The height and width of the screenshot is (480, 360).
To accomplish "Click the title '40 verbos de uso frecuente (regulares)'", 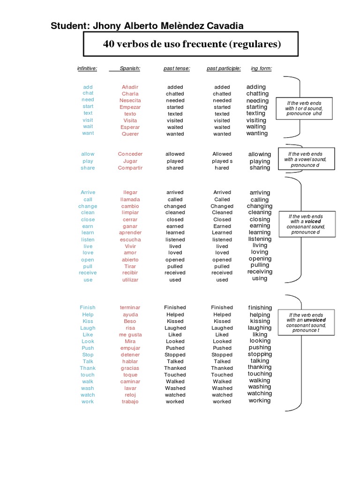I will pyautogui.click(x=192, y=45).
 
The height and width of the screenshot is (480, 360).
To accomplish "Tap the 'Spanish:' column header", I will pyautogui.click(x=130, y=68).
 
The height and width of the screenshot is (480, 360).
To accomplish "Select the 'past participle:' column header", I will pyautogui.click(x=224, y=68).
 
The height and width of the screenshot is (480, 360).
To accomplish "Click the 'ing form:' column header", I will pyautogui.click(x=261, y=68).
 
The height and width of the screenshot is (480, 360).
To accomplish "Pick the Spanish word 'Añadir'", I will pyautogui.click(x=130, y=87).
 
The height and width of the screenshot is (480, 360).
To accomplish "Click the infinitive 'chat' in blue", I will pyautogui.click(x=88, y=93).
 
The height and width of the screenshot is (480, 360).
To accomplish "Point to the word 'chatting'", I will pyautogui.click(x=257, y=94).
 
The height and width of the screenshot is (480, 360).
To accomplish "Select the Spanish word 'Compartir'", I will pyautogui.click(x=130, y=168).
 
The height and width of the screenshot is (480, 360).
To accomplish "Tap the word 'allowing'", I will pyautogui.click(x=260, y=154).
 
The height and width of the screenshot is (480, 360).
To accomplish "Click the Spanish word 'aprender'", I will pyautogui.click(x=130, y=232).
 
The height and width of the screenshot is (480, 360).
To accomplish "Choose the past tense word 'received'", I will pyautogui.click(x=175, y=273).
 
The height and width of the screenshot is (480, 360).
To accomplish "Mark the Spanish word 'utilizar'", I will pyautogui.click(x=130, y=280).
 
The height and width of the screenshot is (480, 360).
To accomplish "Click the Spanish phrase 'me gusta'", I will pyautogui.click(x=130, y=335).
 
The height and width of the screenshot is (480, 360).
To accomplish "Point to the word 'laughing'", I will pyautogui.click(x=260, y=328).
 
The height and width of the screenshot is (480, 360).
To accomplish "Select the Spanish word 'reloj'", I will pyautogui.click(x=130, y=395).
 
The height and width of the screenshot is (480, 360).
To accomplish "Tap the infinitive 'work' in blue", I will pyautogui.click(x=88, y=402).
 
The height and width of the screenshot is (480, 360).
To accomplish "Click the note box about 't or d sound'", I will pyautogui.click(x=304, y=108).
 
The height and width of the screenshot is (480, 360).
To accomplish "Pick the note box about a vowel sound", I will pyautogui.click(x=306, y=159).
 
